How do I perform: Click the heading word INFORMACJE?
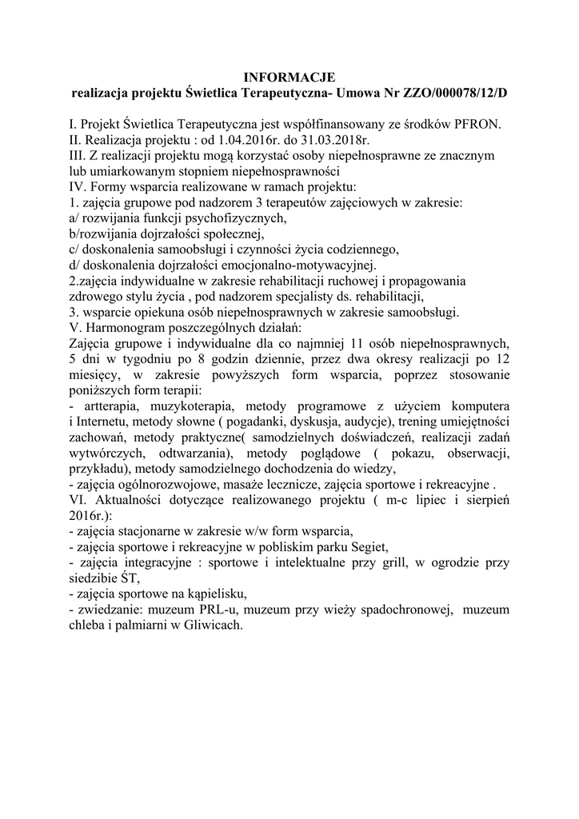289,78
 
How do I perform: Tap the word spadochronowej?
389,609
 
